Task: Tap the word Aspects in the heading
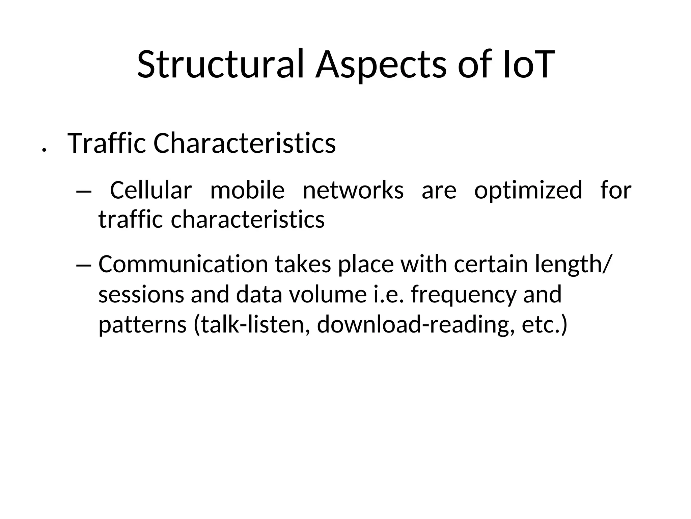(x=381, y=64)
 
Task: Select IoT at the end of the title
(x=528, y=64)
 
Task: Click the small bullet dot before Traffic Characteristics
(x=43, y=149)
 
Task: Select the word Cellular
(x=151, y=190)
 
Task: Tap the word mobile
(x=247, y=190)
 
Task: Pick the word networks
(x=353, y=190)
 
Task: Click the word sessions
(x=141, y=294)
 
